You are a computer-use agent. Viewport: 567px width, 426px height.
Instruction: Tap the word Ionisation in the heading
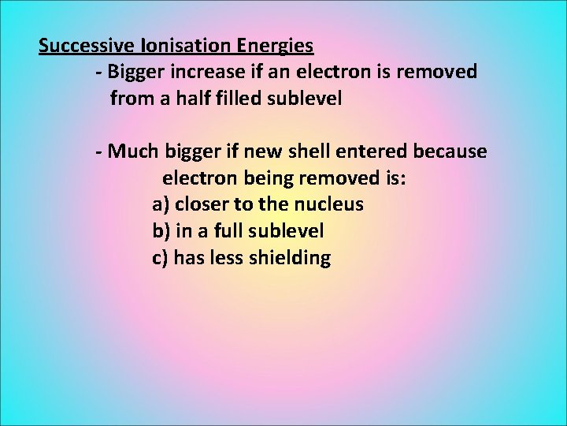point(172,46)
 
